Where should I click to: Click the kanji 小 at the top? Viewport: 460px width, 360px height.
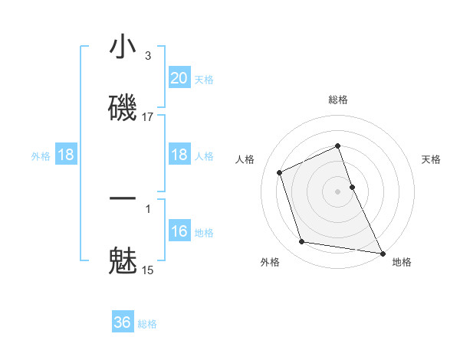tap(123, 47)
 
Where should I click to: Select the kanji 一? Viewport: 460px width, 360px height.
tap(123, 198)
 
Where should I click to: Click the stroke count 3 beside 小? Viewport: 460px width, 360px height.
tap(147, 56)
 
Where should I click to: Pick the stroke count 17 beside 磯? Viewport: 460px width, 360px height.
tap(147, 116)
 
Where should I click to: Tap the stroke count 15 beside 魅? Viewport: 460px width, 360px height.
tap(147, 270)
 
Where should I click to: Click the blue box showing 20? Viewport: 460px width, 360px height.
tap(179, 78)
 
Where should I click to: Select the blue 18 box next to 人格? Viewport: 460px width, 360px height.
tap(179, 155)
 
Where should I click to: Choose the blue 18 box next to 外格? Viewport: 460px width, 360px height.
tap(66, 155)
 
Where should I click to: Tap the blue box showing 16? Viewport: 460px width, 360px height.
tap(179, 231)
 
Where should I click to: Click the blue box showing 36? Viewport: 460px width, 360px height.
tap(123, 322)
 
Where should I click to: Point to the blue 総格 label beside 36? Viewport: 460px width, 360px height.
tap(147, 324)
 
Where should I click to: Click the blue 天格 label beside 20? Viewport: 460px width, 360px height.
tap(204, 80)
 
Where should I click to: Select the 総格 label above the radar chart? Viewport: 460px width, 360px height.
tap(338, 100)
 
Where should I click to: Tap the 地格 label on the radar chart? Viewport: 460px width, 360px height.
tap(402, 262)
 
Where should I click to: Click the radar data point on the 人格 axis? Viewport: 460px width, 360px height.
tap(280, 172)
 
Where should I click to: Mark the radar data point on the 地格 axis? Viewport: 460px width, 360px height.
tap(382, 252)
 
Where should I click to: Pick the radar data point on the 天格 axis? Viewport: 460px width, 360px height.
tap(352, 186)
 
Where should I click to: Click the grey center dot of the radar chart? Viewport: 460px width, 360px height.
tap(338, 191)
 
